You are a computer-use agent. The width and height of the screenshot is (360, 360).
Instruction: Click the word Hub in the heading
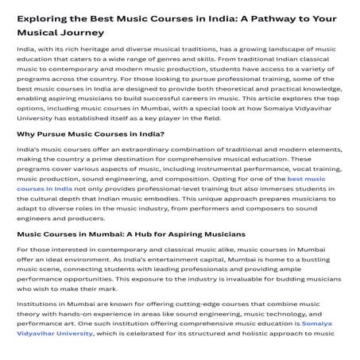(137, 234)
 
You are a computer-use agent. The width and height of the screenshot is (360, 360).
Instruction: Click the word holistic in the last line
(266, 335)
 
